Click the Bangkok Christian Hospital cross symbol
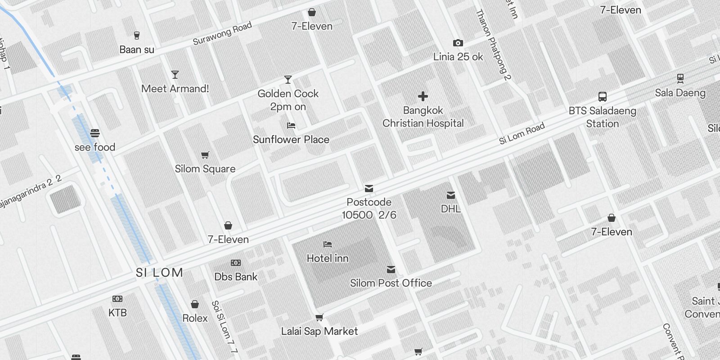423,96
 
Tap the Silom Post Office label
391,283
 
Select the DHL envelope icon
450,195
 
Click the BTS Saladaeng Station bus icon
602,96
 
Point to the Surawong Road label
222,34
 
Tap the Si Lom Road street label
522,134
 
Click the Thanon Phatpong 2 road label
494,45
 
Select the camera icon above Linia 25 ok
458,43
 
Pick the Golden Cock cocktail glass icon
288,80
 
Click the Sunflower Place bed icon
291,126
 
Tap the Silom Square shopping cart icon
205,155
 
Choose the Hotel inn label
327,258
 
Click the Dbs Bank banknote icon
235,263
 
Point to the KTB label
117,313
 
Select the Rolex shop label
195,318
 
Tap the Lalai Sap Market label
319,332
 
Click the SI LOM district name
159,273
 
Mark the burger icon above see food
94,133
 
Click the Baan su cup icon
137,35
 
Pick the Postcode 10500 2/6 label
369,208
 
